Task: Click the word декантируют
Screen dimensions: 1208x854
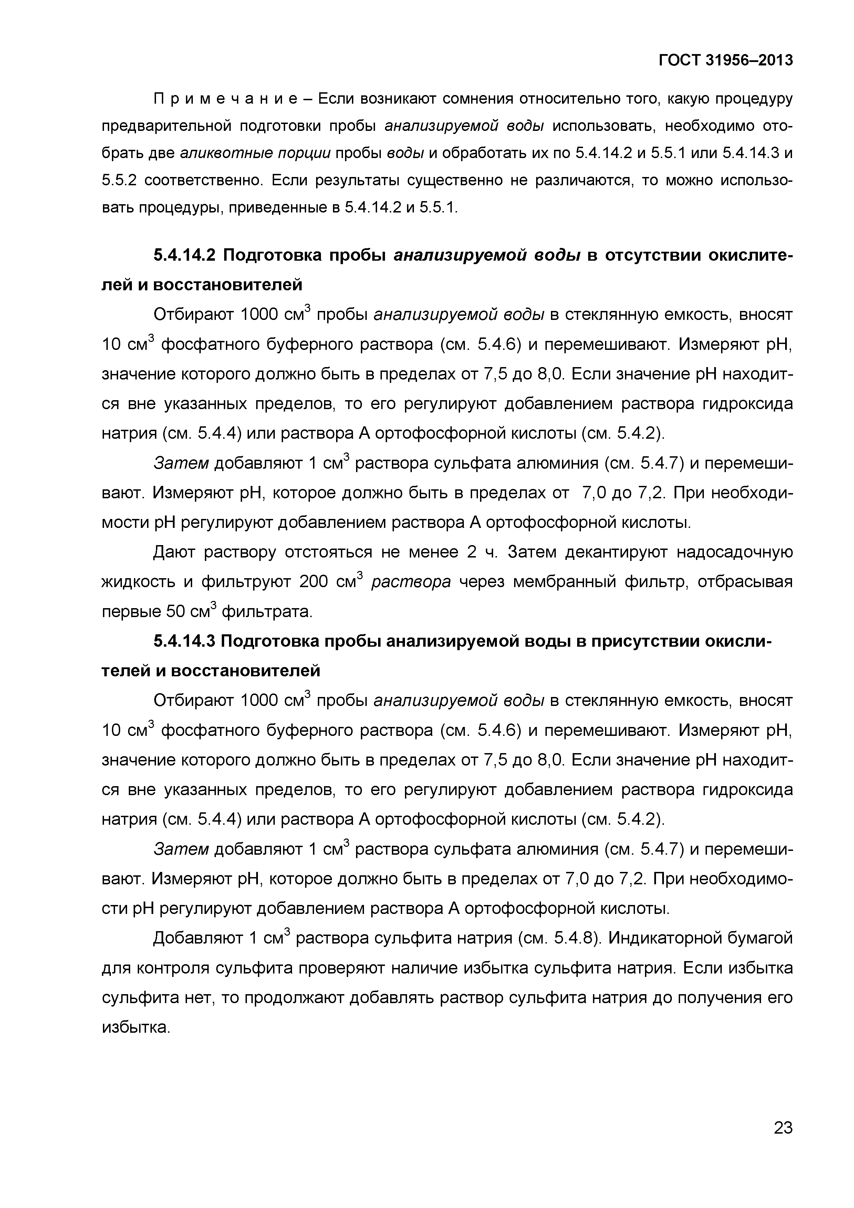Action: click(613, 552)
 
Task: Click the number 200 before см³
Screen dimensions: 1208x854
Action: click(315, 582)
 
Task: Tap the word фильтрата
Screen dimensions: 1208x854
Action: click(267, 612)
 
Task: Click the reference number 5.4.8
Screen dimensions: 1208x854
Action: click(576, 939)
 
